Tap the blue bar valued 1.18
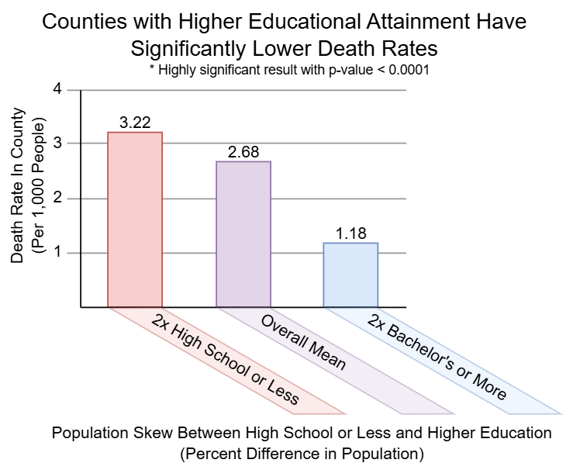[x=351, y=275]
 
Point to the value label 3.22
[x=135, y=123]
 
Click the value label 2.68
[x=243, y=151]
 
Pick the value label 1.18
[x=351, y=233]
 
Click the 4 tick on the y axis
[x=55, y=89]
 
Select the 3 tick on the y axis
[x=55, y=143]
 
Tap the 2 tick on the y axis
[x=55, y=199]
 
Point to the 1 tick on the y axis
[x=55, y=253]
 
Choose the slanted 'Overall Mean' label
[x=303, y=341]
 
